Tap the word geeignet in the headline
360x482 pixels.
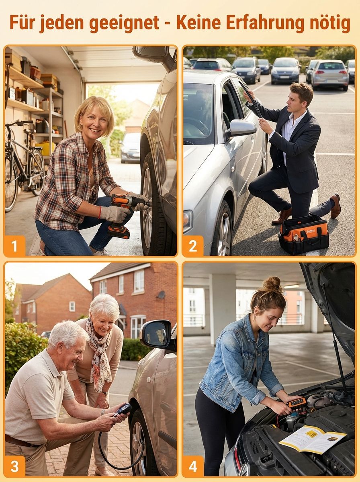point(124,23)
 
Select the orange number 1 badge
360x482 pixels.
point(14,246)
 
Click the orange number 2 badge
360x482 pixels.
point(193,246)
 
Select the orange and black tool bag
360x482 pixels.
point(304,235)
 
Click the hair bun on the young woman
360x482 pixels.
point(273,284)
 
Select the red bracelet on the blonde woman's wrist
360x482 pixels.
point(100,212)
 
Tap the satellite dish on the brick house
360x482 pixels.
point(161,295)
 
